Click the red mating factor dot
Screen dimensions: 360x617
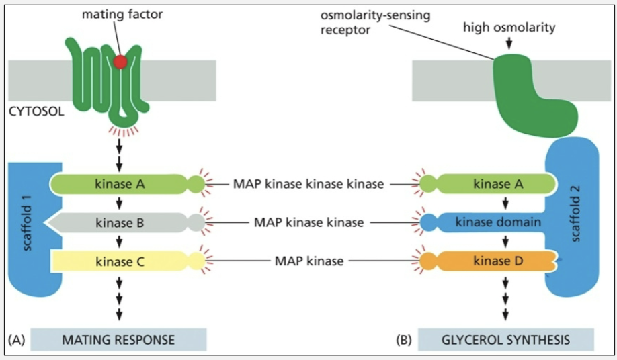[120, 62]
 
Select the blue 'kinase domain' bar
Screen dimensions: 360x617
[498, 222]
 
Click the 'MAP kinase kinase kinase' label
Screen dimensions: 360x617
[309, 183]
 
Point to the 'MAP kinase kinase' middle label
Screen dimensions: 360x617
[309, 222]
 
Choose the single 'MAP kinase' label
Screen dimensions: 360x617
[309, 261]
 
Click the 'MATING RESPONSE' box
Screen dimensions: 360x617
[118, 340]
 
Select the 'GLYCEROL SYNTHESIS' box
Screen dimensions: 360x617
[505, 340]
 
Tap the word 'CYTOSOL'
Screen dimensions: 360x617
[36, 111]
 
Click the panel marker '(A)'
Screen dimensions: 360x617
[16, 340]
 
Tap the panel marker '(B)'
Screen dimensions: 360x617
[404, 340]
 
